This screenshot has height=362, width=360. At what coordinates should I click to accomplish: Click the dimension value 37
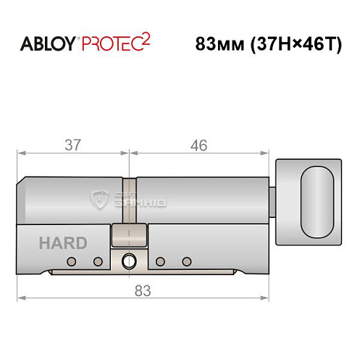tap(72, 145)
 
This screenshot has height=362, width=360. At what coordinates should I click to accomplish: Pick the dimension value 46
tap(196, 145)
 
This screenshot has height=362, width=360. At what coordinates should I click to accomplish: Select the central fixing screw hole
tap(130, 261)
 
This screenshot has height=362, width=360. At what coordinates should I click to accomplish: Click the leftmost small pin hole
tap(71, 261)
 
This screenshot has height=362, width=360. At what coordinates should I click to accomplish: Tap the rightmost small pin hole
tap(187, 261)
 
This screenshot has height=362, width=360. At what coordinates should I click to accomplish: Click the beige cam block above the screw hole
tap(130, 236)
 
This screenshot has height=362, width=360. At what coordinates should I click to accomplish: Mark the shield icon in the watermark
tap(97, 198)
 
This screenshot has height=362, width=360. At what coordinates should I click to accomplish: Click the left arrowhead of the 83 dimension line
tap(21, 298)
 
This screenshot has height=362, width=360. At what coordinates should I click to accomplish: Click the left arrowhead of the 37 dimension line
tap(21, 153)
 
